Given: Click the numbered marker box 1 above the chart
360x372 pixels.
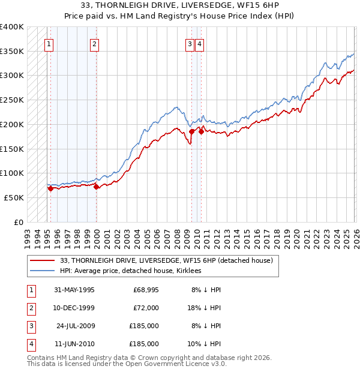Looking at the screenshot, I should tap(48, 43).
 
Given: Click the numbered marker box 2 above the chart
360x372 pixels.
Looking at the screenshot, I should tap(94, 43).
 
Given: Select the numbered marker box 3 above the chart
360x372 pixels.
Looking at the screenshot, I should tap(190, 43).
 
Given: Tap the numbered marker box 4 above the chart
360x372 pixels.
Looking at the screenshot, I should tap(199, 43).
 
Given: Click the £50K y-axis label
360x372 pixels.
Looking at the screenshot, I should tap(14, 197).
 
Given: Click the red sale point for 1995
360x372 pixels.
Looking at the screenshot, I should tap(50, 188).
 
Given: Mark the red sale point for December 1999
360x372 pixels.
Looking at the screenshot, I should tap(96, 187).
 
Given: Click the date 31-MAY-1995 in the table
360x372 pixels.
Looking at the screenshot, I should tap(74, 290).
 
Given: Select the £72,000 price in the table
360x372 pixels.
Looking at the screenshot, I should tap(146, 308).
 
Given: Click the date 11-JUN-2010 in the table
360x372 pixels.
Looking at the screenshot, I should tap(74, 344).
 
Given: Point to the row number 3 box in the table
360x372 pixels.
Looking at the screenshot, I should tap(30, 326).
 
